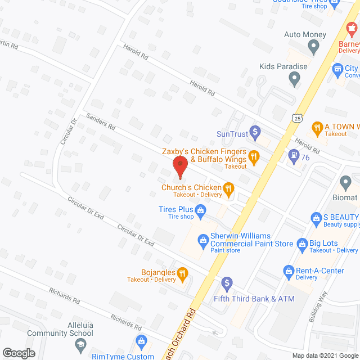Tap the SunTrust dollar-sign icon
click(254, 133)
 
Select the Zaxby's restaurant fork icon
click(254, 158)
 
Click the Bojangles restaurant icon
click(182, 274)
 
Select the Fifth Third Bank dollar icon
click(227, 282)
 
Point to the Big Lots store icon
click(301, 243)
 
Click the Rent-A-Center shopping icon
click(289, 271)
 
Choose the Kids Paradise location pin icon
click(293, 80)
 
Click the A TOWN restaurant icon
click(317, 127)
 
